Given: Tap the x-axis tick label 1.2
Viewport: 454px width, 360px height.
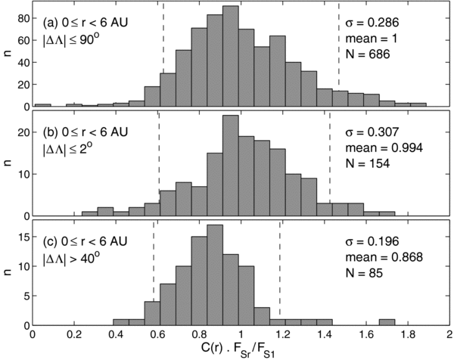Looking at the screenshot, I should (282, 334).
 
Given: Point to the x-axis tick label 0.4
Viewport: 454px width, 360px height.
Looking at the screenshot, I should (115, 334).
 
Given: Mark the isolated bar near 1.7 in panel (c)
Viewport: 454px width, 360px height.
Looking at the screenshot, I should (387, 322).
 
